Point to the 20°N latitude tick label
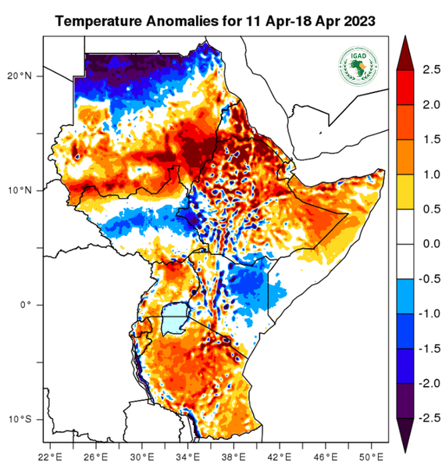21,76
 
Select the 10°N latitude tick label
21,190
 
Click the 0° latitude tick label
26,305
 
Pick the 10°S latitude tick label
21,420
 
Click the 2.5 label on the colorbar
429,70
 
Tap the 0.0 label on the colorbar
429,243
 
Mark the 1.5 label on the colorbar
429,139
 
